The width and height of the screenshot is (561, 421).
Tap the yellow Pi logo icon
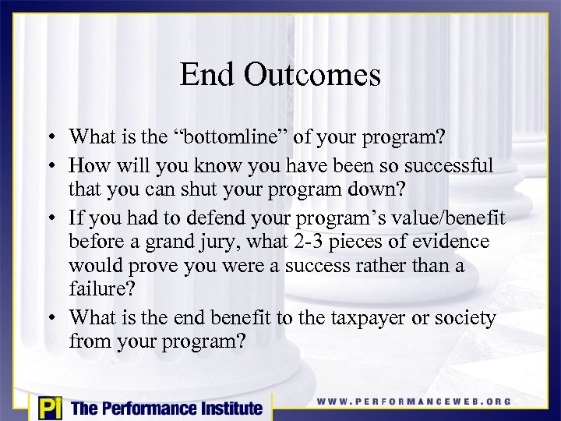tap(48, 408)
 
